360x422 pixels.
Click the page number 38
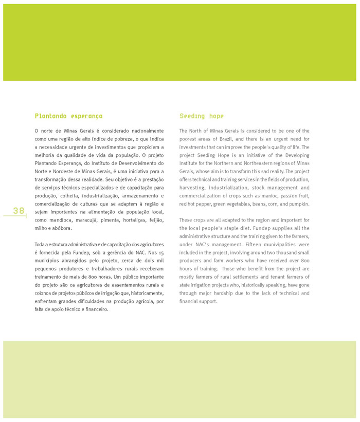[19, 210]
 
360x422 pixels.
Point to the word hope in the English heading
[217, 116]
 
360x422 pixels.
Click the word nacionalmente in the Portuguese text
[145, 131]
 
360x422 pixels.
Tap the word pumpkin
[299, 204]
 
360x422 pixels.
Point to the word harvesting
[193, 188]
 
